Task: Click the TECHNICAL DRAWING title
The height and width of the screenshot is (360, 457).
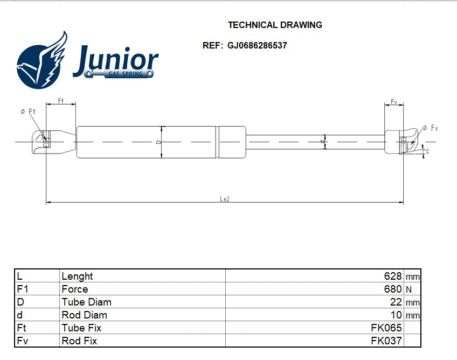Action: click(x=275, y=25)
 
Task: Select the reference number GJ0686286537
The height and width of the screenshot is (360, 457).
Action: click(x=258, y=45)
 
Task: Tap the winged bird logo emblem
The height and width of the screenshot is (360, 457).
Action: click(x=42, y=60)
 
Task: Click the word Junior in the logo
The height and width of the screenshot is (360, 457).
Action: click(x=116, y=60)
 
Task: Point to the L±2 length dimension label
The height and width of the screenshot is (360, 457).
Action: click(x=225, y=199)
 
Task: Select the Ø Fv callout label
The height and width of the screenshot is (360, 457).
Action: click(x=430, y=128)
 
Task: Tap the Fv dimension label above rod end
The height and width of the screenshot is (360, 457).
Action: click(x=394, y=101)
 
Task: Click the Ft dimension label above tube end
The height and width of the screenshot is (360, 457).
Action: click(x=61, y=101)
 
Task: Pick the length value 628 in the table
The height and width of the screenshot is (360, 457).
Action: click(x=393, y=276)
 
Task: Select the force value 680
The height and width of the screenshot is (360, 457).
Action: click(x=393, y=289)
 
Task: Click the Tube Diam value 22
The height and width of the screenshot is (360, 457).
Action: click(x=396, y=302)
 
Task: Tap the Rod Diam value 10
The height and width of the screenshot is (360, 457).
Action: click(x=396, y=315)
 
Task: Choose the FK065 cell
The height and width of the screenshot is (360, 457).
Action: click(x=386, y=328)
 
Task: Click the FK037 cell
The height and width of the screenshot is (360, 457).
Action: click(x=386, y=341)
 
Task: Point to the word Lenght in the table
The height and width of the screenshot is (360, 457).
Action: click(x=77, y=276)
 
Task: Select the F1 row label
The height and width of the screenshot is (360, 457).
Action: click(x=22, y=289)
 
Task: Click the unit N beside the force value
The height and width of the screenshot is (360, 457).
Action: click(x=408, y=289)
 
